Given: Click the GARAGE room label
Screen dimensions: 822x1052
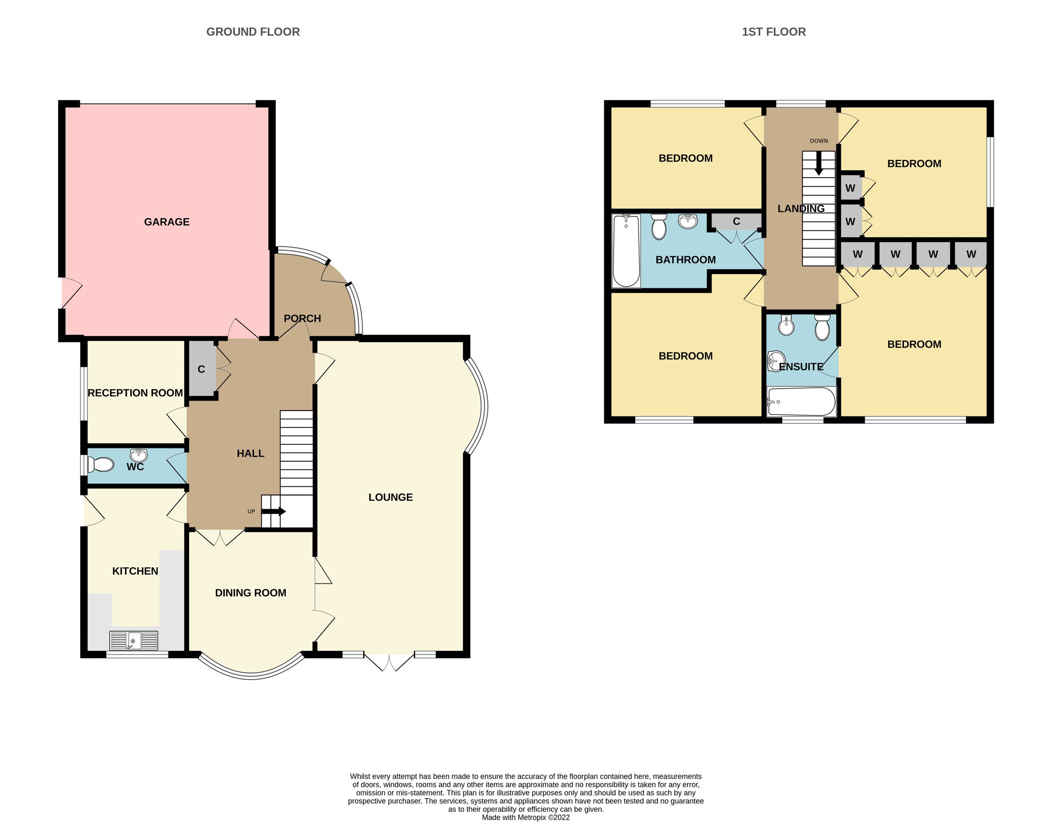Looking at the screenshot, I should [167, 222].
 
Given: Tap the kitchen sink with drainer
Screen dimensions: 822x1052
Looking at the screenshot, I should [134, 640].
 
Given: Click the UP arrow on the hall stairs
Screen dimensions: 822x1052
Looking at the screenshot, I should [275, 511].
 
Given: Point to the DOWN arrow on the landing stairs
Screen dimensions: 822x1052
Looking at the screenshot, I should [819, 166].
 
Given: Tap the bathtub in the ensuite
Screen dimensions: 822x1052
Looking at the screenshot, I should [802, 401].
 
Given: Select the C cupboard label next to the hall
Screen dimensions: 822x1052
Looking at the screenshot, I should [201, 369].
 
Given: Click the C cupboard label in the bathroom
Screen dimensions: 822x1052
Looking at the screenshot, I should [736, 221].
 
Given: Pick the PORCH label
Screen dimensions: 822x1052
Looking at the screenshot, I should [302, 318].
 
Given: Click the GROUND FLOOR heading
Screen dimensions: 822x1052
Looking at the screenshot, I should [253, 32].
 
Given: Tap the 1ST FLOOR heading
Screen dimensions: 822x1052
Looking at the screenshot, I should [774, 32].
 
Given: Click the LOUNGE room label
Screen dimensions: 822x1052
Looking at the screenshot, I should [390, 497].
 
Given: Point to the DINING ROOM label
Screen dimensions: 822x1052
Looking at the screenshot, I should [250, 593].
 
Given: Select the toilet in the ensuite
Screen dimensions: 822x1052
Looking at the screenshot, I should [822, 327].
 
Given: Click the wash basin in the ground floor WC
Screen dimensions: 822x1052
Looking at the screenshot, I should [139, 454].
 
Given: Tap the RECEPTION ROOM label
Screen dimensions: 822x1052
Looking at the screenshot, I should [135, 393].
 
